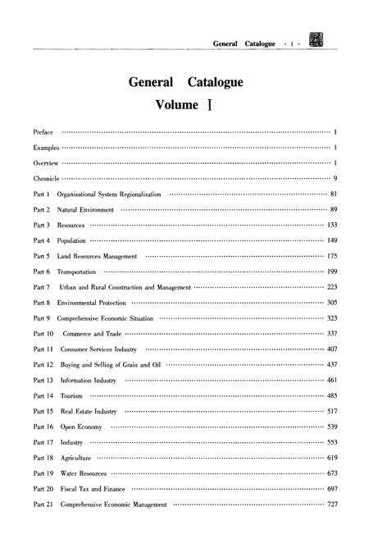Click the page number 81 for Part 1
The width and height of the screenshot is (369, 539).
pos(334,194)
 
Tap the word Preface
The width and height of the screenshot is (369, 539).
pos(43,131)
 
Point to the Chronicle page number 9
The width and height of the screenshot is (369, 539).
pos(336,177)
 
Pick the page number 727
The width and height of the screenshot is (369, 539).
pos(332,505)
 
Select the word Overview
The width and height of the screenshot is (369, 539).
pos(45,162)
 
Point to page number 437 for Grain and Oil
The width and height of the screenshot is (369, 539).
pos(332,363)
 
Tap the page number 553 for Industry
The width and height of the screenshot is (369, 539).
pos(332,442)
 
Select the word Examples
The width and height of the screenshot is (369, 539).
pos(46,148)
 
